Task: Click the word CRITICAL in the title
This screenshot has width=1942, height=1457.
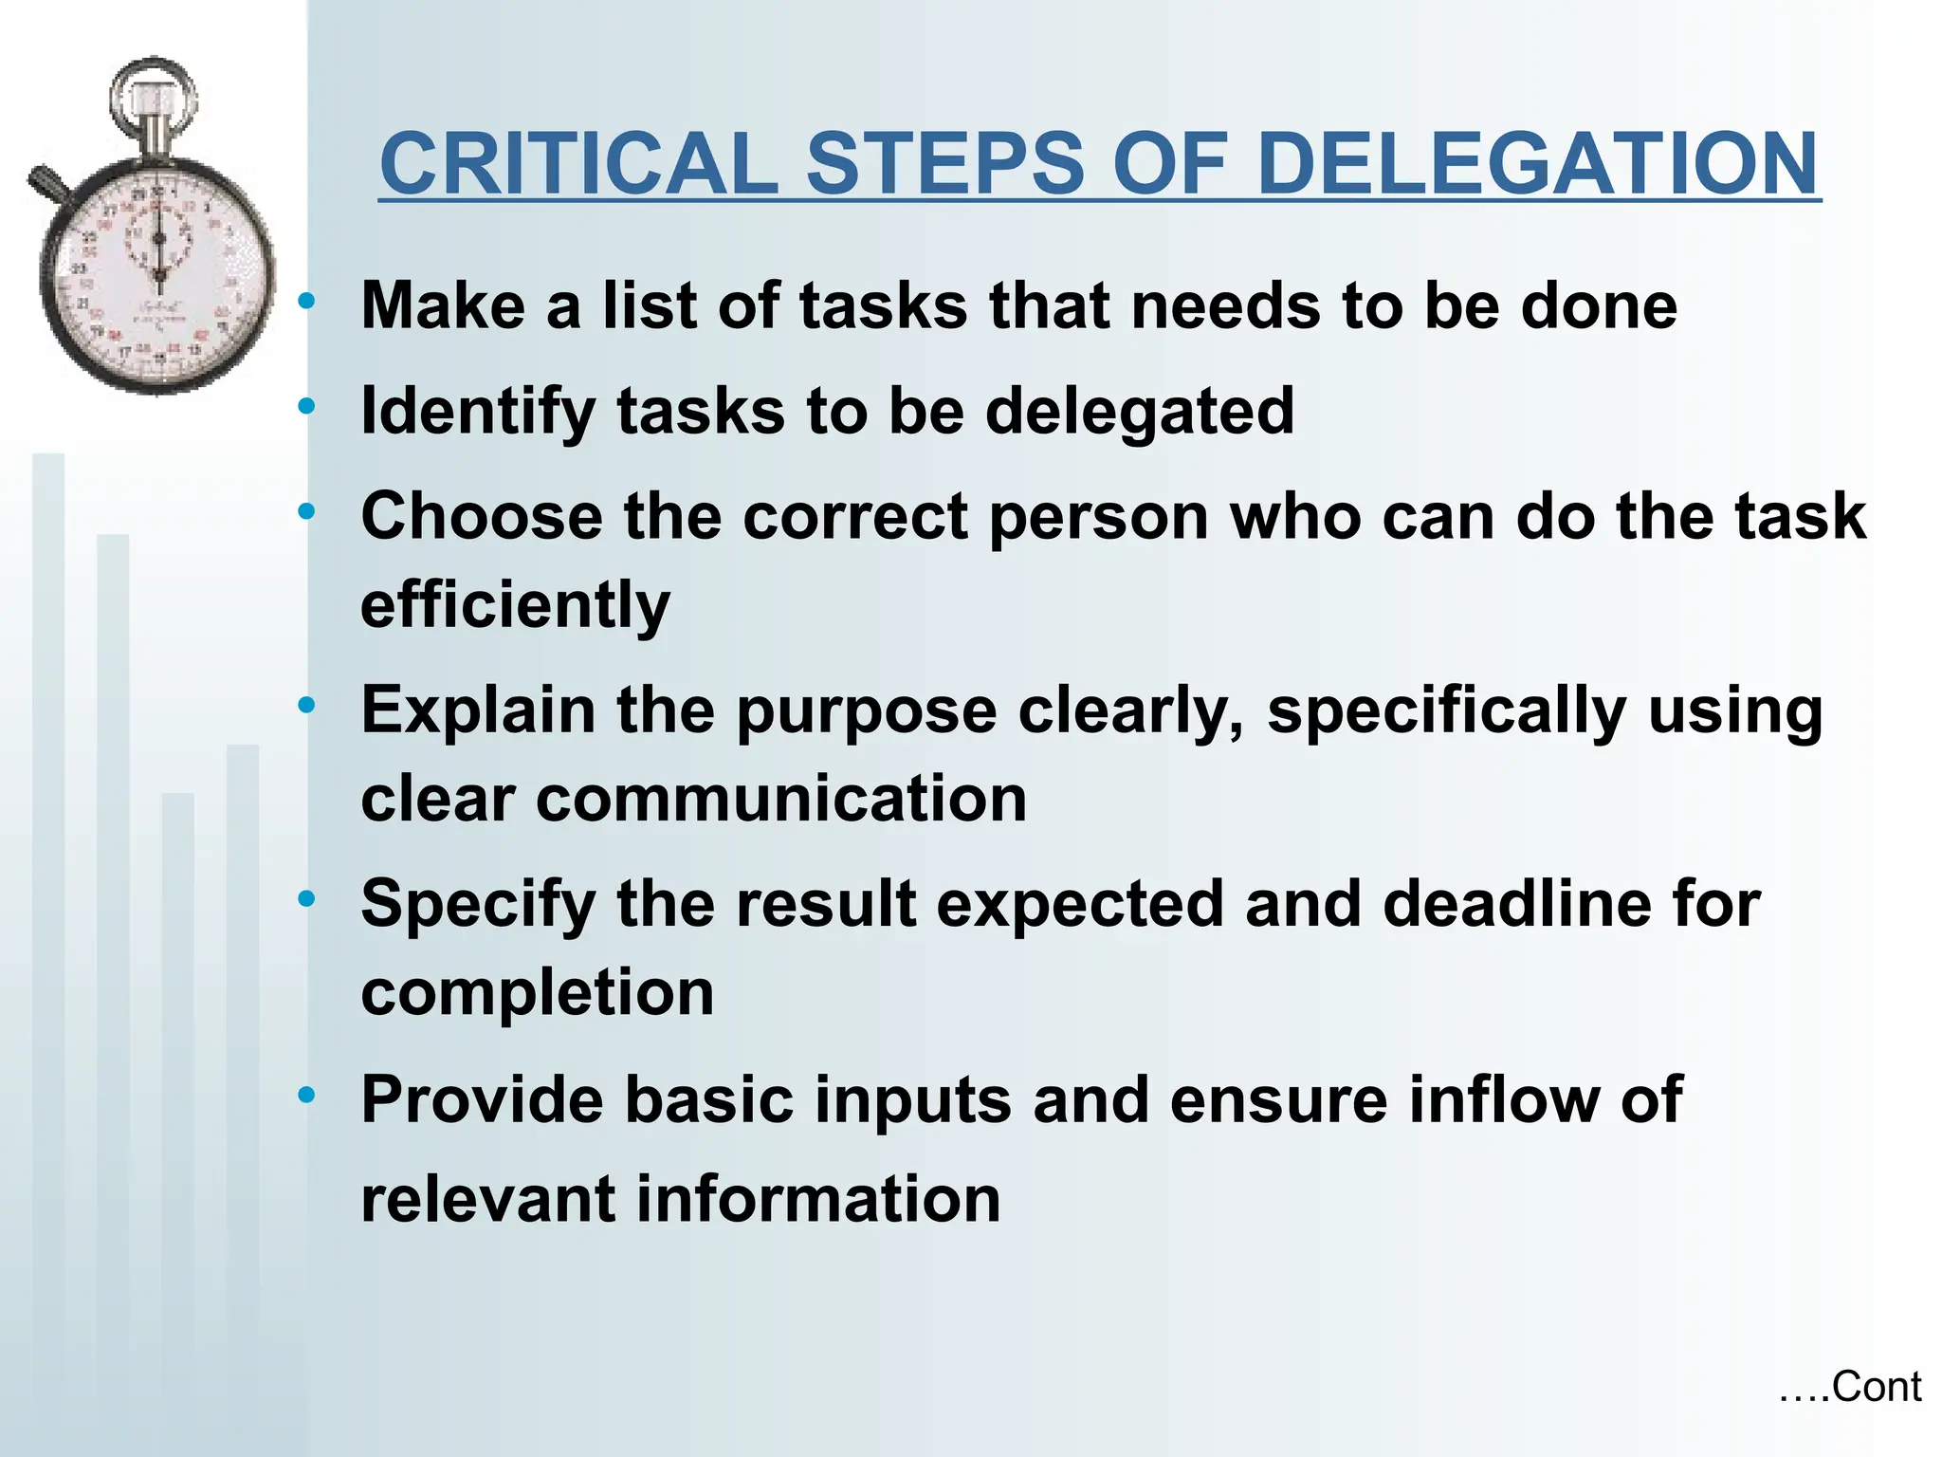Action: (578, 163)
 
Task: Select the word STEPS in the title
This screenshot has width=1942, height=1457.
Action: (944, 163)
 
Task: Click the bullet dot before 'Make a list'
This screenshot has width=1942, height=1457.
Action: (305, 303)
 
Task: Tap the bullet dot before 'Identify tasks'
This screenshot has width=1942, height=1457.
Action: (305, 407)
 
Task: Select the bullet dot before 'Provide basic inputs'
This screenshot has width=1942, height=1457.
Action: (305, 1096)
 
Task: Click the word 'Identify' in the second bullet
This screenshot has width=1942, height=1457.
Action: (477, 412)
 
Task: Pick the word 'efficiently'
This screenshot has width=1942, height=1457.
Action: (515, 605)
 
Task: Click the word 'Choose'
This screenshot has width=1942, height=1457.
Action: (482, 517)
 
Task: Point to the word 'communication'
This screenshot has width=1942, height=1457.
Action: (780, 799)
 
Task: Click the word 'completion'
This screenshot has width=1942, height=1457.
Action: (537, 993)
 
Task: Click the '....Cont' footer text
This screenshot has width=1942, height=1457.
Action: (1849, 1387)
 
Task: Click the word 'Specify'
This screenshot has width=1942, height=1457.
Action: (477, 905)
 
